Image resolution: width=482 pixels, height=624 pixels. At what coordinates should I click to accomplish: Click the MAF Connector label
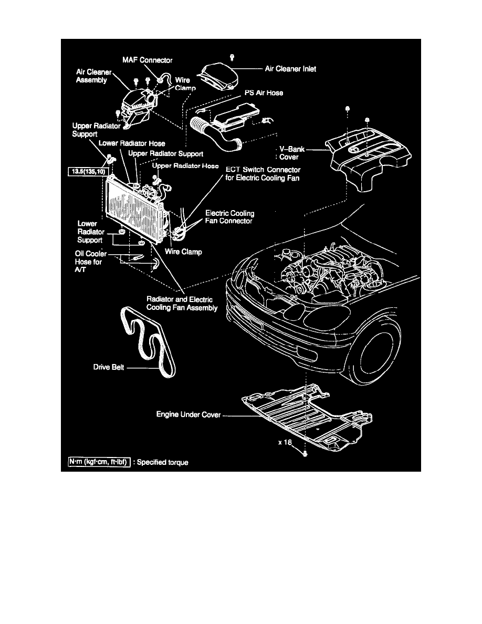[x=148, y=60]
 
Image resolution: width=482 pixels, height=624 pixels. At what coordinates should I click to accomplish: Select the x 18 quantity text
[x=285, y=443]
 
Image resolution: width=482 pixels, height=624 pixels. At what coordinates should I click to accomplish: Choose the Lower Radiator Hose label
[x=132, y=143]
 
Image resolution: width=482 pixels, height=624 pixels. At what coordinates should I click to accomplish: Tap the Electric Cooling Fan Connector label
[x=229, y=217]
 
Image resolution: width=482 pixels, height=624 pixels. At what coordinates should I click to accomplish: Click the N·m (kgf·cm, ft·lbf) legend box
[x=99, y=462]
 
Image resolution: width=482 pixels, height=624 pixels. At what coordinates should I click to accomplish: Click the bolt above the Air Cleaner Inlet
[x=233, y=55]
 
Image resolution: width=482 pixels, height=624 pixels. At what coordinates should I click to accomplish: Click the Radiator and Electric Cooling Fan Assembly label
[x=182, y=304]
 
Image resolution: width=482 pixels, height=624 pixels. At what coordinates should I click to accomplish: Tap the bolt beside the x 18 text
[x=305, y=452]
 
